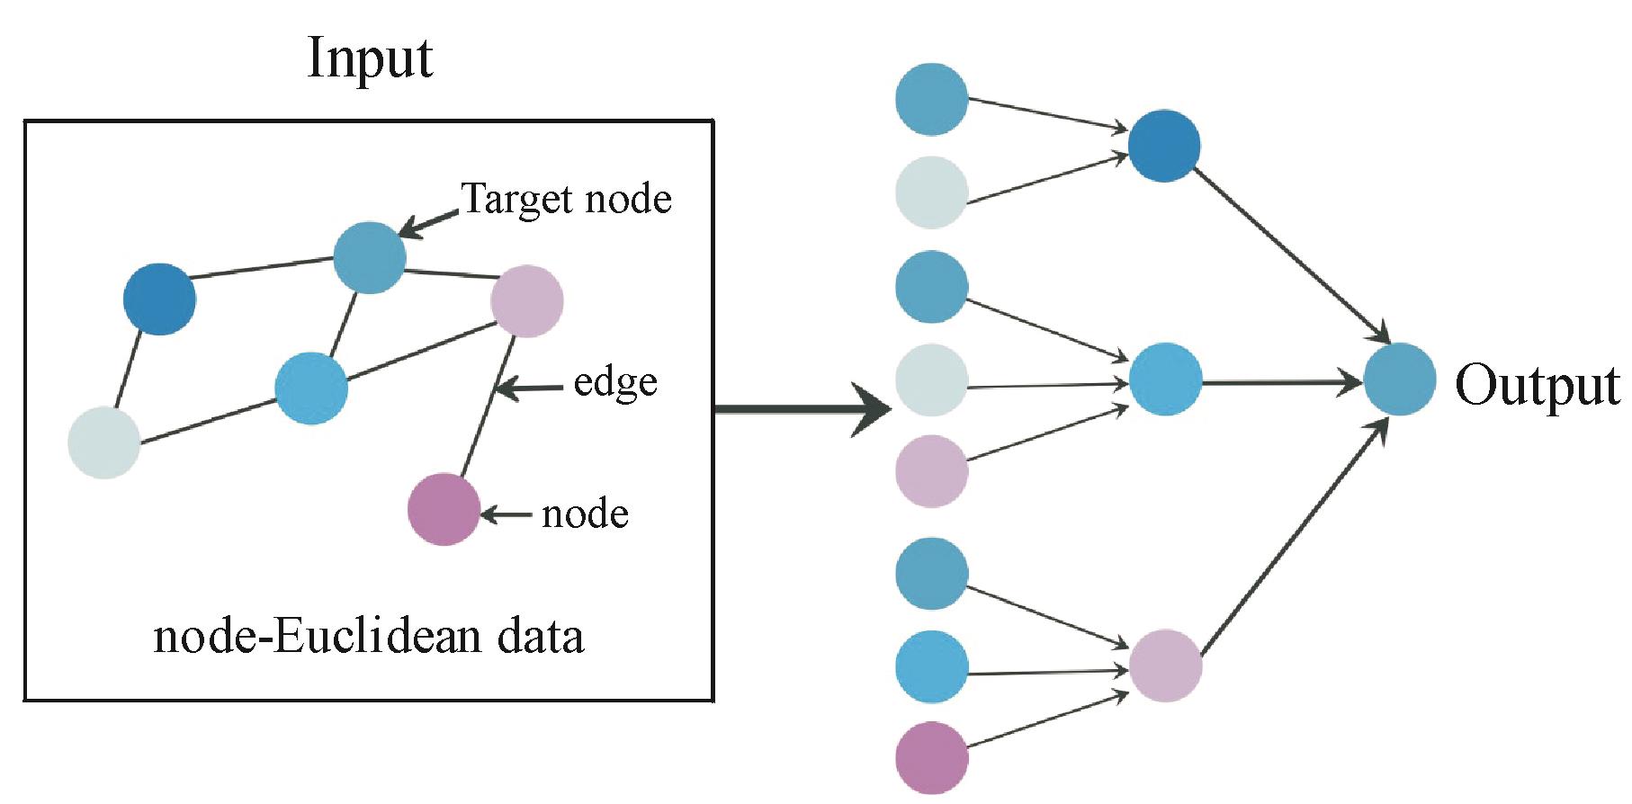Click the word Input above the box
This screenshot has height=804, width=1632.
click(370, 59)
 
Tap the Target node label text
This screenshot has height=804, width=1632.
click(566, 198)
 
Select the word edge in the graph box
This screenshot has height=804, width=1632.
click(615, 383)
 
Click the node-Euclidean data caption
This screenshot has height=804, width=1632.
click(369, 638)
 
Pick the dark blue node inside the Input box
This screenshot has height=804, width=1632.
click(159, 299)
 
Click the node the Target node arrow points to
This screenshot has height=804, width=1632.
click(369, 258)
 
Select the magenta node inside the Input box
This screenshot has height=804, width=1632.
click(444, 509)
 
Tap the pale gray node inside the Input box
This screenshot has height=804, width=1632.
click(104, 442)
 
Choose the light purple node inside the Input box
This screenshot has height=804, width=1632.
click(527, 301)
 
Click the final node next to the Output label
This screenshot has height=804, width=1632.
click(1400, 379)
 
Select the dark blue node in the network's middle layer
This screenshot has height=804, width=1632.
click(1164, 146)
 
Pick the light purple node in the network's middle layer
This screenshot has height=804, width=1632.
click(1165, 666)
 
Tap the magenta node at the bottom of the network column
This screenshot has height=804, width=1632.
click(932, 757)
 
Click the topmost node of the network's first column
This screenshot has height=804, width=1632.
click(932, 99)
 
